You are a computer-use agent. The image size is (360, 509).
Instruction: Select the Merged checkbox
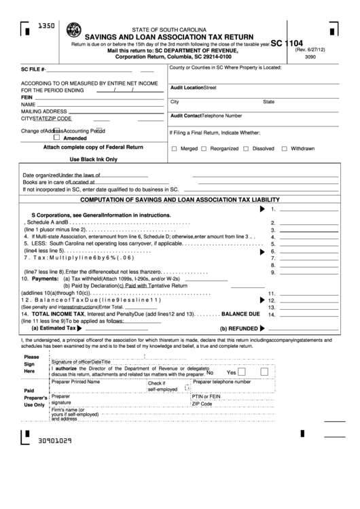pos(175,149)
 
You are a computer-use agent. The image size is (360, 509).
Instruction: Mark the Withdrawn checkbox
pos(285,149)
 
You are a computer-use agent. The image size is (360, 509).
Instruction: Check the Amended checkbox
pos(57,137)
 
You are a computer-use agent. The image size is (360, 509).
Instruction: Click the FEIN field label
pos(27,97)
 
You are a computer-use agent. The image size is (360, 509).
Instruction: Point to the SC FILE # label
pos(33,70)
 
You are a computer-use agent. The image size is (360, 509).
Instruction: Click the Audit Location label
pos(187,88)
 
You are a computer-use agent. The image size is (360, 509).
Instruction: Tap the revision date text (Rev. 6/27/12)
pos(310,49)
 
